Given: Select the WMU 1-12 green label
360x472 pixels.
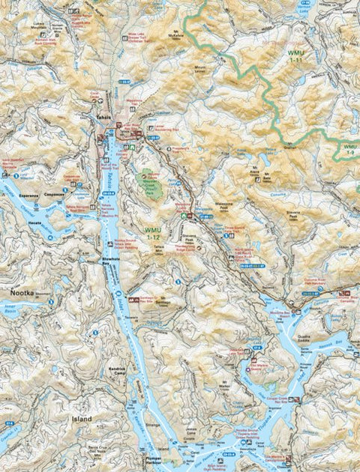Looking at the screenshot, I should pos(152,232).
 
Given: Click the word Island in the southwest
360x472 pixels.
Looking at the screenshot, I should pos(81,419).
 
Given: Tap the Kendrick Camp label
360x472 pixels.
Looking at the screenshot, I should pos(95,371).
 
